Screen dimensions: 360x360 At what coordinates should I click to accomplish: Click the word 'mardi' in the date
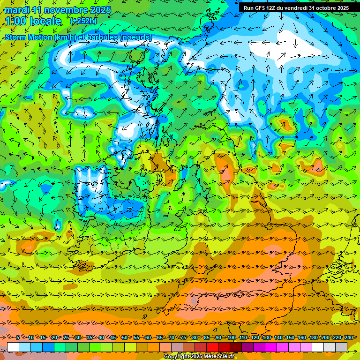16,10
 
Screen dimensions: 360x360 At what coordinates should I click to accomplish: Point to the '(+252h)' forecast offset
83,21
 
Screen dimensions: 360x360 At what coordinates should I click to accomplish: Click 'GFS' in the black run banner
263,8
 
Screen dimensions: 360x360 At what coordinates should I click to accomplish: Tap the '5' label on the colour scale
18,337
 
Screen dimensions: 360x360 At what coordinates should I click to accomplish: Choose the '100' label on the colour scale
232,337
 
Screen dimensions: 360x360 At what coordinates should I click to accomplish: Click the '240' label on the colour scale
348,337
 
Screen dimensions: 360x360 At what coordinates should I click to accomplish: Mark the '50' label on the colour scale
125,337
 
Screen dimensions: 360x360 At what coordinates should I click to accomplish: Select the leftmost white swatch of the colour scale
13,347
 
